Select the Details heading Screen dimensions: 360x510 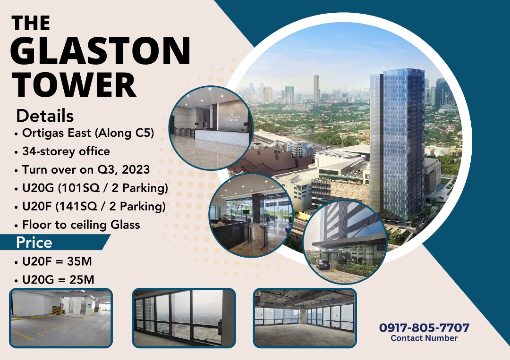[x=45, y=116]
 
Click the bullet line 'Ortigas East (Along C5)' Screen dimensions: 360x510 [x=88, y=133]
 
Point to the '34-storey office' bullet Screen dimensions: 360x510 [x=66, y=151]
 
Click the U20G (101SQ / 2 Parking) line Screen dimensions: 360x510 [x=95, y=188]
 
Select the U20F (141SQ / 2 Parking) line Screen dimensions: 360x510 [x=94, y=206]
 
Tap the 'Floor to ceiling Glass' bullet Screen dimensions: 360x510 [x=81, y=225]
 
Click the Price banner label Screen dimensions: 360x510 [x=34, y=243]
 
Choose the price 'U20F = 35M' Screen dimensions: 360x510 [x=57, y=261]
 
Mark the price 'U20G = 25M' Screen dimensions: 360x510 [x=58, y=279]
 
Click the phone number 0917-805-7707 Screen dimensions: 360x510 [x=424, y=327]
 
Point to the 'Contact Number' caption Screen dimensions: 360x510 [x=424, y=338]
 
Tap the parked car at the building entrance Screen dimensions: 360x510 [x=323, y=264]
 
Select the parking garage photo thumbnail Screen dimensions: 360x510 [x=61, y=318]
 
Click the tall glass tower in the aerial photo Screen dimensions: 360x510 [x=397, y=142]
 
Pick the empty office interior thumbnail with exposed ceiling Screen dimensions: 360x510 [x=305, y=318]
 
